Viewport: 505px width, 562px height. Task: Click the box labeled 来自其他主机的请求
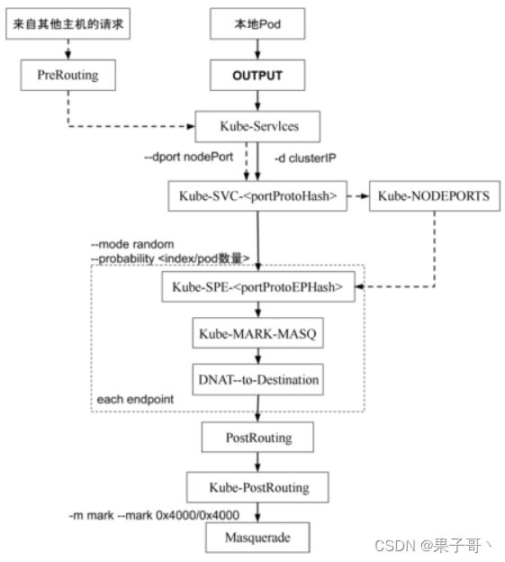tap(68, 24)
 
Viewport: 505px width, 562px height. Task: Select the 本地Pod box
tap(257, 24)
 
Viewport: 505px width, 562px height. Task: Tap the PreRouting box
tap(68, 76)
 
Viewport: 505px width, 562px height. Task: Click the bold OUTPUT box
tap(257, 76)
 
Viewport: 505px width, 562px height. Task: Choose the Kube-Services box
tap(257, 126)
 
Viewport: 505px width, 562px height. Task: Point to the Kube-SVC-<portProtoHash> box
tap(257, 196)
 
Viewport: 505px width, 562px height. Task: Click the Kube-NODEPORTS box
tap(435, 196)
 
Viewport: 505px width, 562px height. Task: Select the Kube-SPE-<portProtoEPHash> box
tap(258, 286)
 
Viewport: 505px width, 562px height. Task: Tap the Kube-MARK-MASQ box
tap(257, 333)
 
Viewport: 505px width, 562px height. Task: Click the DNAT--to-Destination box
tap(257, 379)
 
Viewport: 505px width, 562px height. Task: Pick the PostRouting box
tap(257, 437)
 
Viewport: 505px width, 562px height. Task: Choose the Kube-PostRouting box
tap(257, 487)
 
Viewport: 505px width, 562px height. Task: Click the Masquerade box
tap(257, 538)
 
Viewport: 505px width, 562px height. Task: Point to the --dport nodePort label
tap(189, 157)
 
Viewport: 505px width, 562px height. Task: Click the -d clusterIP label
tap(305, 159)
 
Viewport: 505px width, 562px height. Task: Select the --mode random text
tap(132, 244)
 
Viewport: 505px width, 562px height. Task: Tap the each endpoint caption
tap(135, 399)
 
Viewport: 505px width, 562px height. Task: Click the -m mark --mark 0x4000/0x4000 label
tap(154, 515)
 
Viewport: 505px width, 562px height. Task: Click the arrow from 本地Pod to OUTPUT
tap(257, 50)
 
